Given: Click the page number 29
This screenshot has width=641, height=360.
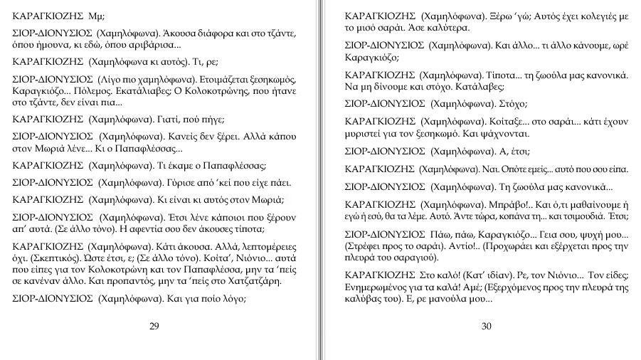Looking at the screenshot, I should pyautogui.click(x=154, y=327).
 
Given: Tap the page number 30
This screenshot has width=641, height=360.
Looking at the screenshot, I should pyautogui.click(x=487, y=327).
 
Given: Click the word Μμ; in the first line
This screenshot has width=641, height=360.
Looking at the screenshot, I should pyautogui.click(x=95, y=15).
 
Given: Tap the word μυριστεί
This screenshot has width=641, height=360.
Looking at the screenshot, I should pyautogui.click(x=361, y=133).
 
